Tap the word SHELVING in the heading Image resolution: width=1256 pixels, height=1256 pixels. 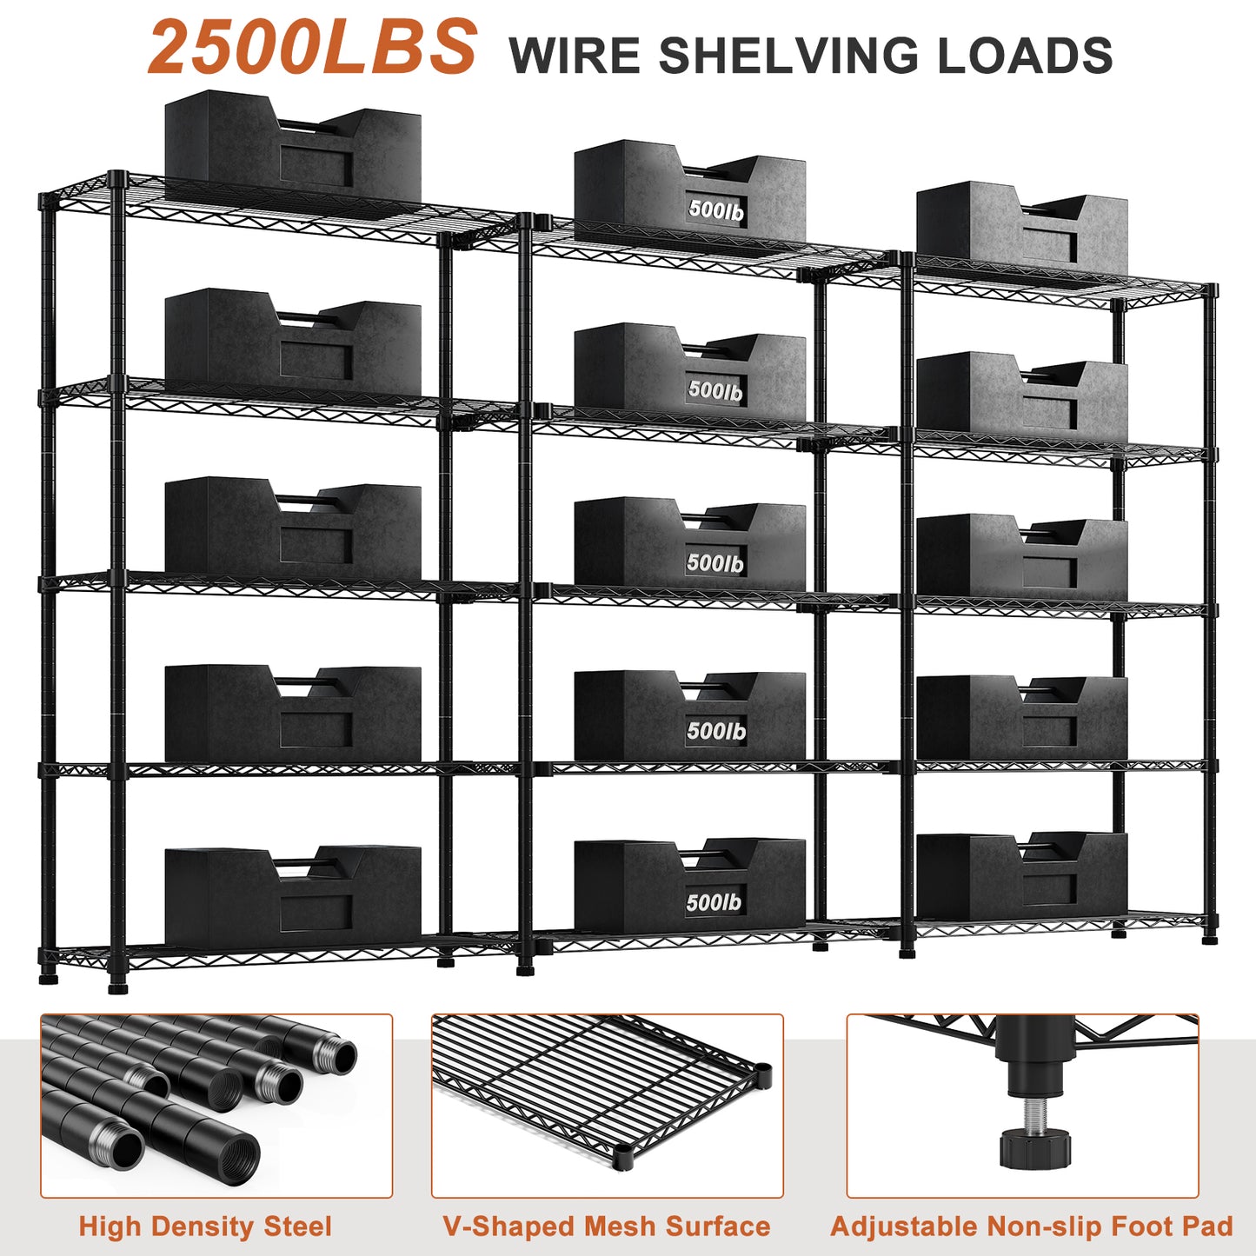[788, 56]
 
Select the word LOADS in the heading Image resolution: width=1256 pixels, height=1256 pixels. [1025, 56]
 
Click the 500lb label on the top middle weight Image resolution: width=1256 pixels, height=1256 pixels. [716, 209]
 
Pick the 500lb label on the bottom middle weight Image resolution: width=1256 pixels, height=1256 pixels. [714, 902]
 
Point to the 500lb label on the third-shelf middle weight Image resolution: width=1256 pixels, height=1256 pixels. [715, 563]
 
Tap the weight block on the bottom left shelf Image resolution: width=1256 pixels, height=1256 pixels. [292, 895]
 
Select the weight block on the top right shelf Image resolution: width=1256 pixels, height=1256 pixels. [1021, 228]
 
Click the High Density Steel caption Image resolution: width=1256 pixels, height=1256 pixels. [205, 1226]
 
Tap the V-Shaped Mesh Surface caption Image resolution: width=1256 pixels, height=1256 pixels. [607, 1226]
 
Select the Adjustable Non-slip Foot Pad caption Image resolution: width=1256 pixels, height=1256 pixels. [1032, 1226]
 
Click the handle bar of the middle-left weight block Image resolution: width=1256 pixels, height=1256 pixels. [300, 502]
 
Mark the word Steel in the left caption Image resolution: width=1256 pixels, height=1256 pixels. [297, 1226]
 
